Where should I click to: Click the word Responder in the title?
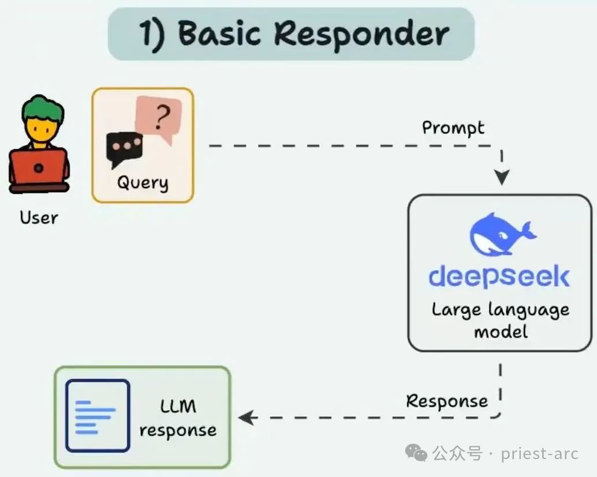point(361,34)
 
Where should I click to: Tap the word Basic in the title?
point(221,34)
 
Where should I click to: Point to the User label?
point(39,217)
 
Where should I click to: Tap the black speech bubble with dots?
point(124,148)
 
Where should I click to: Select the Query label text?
point(143,183)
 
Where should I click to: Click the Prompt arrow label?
point(453,127)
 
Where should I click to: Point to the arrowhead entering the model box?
point(502,178)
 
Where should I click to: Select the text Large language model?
point(501,320)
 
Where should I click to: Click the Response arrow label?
point(446,401)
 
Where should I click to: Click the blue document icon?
point(98,415)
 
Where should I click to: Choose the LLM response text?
point(178,418)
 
